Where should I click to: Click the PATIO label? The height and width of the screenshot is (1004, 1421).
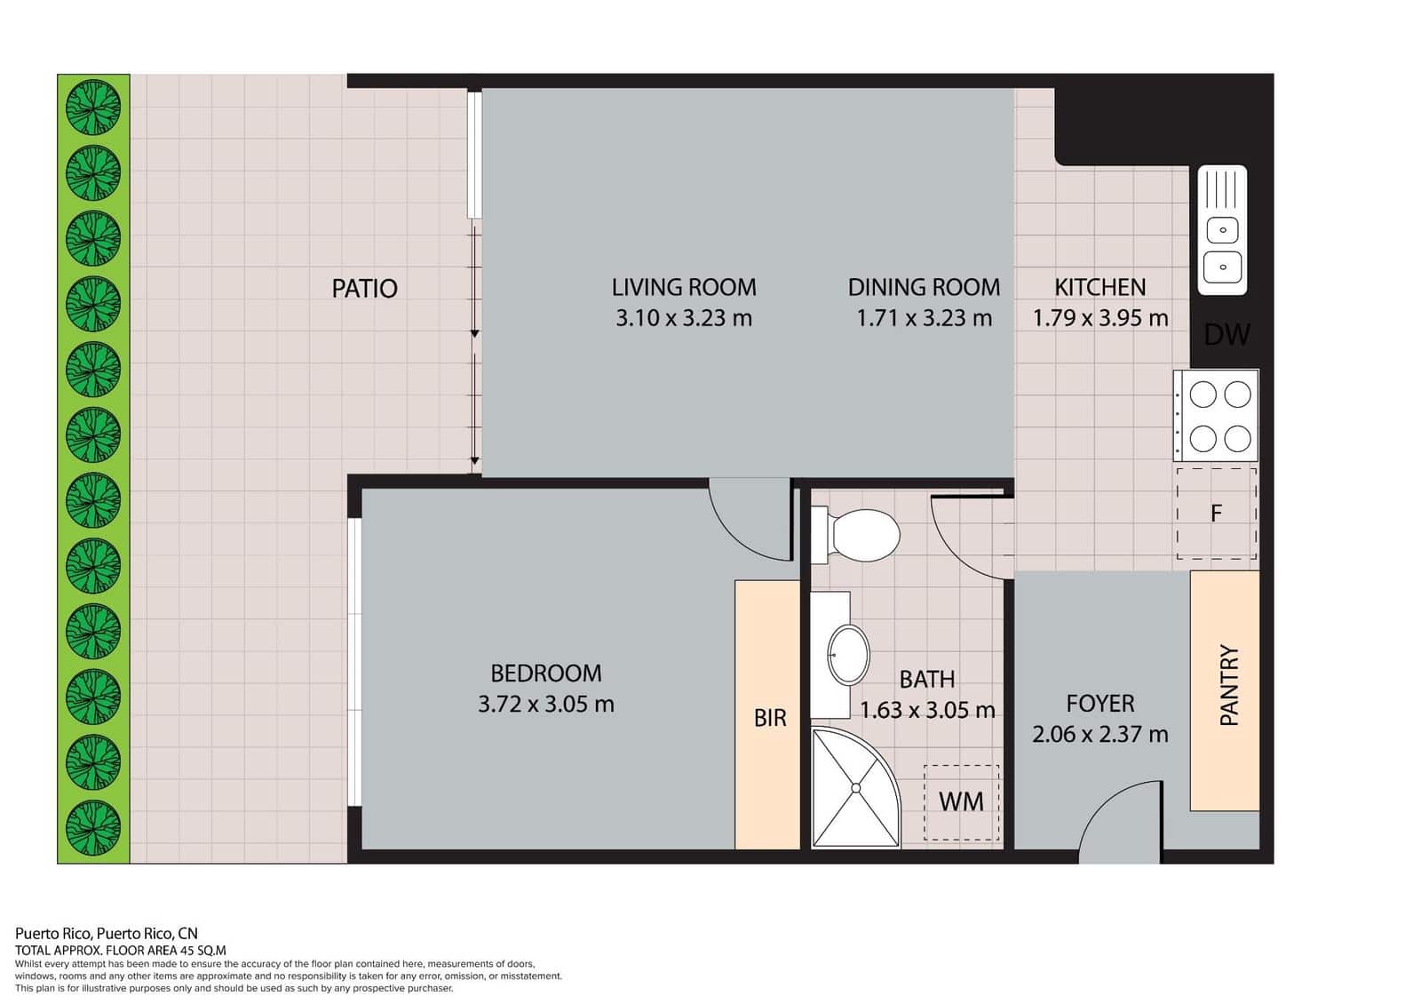pyautogui.click(x=364, y=288)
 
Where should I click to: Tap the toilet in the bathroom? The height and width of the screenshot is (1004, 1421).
pyautogui.click(x=857, y=536)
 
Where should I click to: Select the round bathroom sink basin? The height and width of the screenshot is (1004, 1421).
pyautogui.click(x=848, y=655)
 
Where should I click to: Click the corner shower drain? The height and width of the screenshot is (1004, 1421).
pyautogui.click(x=856, y=787)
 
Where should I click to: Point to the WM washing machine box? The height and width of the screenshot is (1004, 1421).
pyautogui.click(x=961, y=801)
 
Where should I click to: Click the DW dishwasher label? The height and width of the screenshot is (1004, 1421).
pyautogui.click(x=1227, y=335)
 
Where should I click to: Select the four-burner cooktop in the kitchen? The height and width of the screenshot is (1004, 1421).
pyautogui.click(x=1216, y=415)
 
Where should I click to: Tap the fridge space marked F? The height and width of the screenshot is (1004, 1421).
pyautogui.click(x=1216, y=513)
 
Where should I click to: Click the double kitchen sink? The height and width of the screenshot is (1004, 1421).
pyautogui.click(x=1223, y=230)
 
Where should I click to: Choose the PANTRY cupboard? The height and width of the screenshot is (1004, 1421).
pyautogui.click(x=1225, y=690)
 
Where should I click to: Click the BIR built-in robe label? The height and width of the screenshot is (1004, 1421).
pyautogui.click(x=769, y=718)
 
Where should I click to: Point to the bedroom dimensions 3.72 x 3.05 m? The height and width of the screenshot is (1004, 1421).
pyautogui.click(x=545, y=705)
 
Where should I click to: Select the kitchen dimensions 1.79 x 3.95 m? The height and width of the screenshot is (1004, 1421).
pyautogui.click(x=1099, y=318)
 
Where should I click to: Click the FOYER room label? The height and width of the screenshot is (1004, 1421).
pyautogui.click(x=1099, y=704)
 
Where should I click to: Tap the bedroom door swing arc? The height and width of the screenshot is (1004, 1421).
pyautogui.click(x=747, y=524)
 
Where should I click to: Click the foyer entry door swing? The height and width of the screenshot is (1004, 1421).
pyautogui.click(x=1121, y=822)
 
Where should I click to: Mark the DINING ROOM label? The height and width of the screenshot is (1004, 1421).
pyautogui.click(x=924, y=288)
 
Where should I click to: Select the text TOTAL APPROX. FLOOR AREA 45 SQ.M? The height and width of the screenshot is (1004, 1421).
pyautogui.click(x=121, y=950)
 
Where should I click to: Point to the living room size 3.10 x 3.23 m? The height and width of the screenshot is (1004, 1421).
pyautogui.click(x=684, y=318)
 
